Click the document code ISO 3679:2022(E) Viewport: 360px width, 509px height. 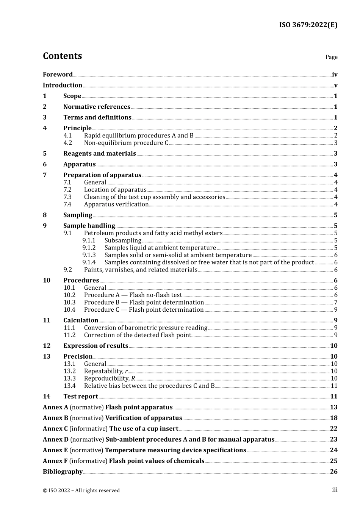pyautogui.click(x=308, y=25)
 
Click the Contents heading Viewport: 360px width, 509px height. pyautogui.click(x=62, y=56)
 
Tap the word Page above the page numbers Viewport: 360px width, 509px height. pyautogui.click(x=331, y=57)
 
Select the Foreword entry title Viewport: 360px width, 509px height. pyautogui.click(x=58, y=75)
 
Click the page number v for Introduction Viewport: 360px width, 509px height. pyautogui.click(x=335, y=85)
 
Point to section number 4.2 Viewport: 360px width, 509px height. pyautogui.click(x=67, y=143)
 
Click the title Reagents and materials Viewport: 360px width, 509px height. pyautogui.click(x=99, y=153)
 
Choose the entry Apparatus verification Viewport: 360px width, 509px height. pyautogui.click(x=116, y=204)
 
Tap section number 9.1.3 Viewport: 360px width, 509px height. pyautogui.click(x=89, y=255)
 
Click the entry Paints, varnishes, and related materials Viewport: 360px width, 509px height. pyautogui.click(x=141, y=270)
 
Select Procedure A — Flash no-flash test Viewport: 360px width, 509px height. pyautogui.click(x=133, y=295)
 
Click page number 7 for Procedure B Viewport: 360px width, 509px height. pyautogui.click(x=335, y=302)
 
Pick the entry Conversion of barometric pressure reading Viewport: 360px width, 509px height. pyautogui.click(x=146, y=328)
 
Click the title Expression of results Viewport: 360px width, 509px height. pyautogui.click(x=95, y=346)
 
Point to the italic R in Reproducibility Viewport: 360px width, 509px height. pyautogui.click(x=133, y=378)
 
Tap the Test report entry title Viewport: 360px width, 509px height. pyautogui.click(x=80, y=397)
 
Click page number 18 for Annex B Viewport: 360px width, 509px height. pyautogui.click(x=333, y=418)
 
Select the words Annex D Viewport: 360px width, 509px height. pyautogui.click(x=56, y=439)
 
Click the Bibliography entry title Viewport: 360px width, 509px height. pyautogui.click(x=63, y=472)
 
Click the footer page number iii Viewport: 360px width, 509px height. pyautogui.click(x=335, y=490)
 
